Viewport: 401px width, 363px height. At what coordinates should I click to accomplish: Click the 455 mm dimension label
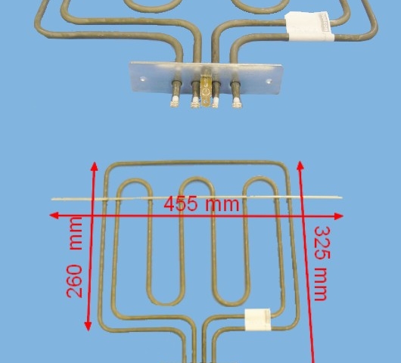point(201,203)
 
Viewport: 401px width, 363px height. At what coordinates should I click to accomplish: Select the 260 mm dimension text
point(74,257)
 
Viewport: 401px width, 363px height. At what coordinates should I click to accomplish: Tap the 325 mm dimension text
point(322,263)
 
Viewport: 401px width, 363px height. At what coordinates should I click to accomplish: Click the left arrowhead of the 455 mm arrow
point(54,216)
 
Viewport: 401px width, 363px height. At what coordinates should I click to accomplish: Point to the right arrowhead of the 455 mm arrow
point(338,216)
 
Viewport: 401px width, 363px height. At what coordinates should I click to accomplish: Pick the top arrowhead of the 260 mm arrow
point(95,166)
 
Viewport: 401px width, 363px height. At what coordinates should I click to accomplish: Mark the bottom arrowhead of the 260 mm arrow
point(88,326)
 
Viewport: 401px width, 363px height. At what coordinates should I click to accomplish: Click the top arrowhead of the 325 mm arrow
point(300,166)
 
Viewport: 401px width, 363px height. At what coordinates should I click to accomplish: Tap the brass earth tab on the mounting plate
point(205,89)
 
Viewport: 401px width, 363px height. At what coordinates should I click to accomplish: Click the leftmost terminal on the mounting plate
point(175,94)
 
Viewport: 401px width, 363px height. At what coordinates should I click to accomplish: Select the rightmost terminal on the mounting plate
point(236,95)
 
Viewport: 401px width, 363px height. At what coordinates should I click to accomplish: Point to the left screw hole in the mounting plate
point(143,79)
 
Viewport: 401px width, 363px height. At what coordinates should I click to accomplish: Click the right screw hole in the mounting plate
point(269,81)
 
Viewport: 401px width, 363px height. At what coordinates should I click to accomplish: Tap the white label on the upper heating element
point(309,26)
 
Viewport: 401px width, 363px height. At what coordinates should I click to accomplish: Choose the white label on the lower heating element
point(258,319)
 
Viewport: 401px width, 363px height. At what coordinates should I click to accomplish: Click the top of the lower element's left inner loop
point(135,181)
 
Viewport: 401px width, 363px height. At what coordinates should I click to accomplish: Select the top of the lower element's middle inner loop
point(197,179)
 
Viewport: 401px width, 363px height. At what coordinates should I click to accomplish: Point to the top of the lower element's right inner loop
point(260,178)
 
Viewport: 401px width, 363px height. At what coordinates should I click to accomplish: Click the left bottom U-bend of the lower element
point(166,303)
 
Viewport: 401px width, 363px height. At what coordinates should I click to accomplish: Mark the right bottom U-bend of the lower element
point(232,304)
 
